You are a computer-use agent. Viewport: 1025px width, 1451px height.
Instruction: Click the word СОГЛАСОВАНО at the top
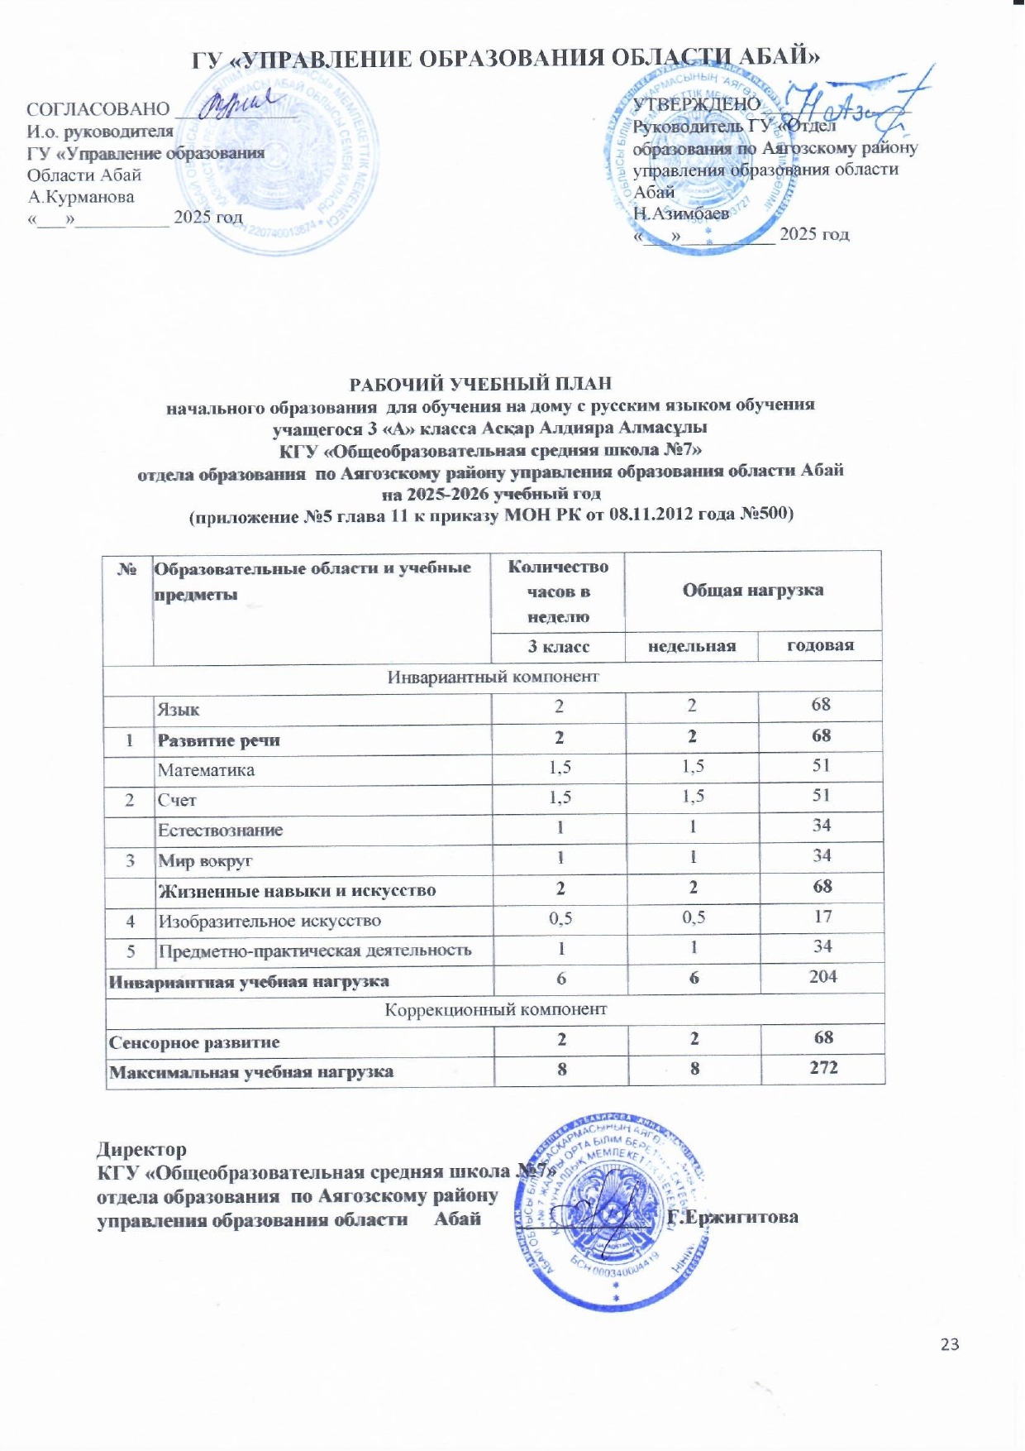click(x=98, y=109)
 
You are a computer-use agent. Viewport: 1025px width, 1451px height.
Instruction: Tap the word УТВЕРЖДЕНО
click(x=696, y=103)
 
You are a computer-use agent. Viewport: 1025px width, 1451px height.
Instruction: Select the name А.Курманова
click(x=81, y=197)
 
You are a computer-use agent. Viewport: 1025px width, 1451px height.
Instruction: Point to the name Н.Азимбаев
click(x=680, y=213)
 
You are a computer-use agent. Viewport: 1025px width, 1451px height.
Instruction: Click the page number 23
click(x=950, y=1344)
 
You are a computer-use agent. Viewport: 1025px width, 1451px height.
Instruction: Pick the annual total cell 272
click(x=823, y=1067)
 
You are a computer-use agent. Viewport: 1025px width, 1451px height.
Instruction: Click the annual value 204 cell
click(x=822, y=976)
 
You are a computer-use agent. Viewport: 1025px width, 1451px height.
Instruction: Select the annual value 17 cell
click(x=822, y=917)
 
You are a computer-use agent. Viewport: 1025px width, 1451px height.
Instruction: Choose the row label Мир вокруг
click(x=205, y=861)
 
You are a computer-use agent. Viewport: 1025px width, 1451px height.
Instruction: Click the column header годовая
click(x=820, y=645)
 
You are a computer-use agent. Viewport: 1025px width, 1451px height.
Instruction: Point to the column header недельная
click(x=691, y=646)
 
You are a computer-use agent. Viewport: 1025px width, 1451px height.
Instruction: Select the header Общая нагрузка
click(x=752, y=590)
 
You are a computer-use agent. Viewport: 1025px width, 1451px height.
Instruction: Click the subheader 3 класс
click(x=559, y=646)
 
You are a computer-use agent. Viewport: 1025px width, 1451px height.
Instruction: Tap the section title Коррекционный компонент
click(x=495, y=1009)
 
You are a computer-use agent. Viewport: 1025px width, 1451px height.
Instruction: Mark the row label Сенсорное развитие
click(x=194, y=1042)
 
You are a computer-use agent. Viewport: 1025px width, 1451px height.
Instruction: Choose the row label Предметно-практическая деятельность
click(x=315, y=951)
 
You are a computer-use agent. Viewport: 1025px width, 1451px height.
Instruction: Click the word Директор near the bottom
click(x=141, y=1149)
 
